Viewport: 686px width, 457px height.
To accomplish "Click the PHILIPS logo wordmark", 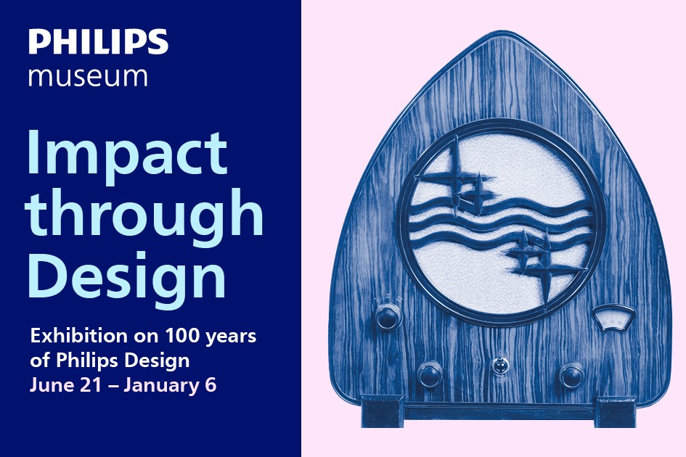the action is click(x=99, y=41).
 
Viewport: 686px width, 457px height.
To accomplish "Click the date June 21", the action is click(x=65, y=386).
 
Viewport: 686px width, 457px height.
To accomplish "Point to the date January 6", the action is click(x=170, y=386).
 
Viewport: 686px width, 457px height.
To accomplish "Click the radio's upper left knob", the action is click(x=388, y=316).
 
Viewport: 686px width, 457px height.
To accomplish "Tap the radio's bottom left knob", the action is click(x=430, y=375).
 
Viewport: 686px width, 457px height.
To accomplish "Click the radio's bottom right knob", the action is click(x=571, y=375).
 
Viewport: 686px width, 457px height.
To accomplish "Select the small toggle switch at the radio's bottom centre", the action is click(x=499, y=366).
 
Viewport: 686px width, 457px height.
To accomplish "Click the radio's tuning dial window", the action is click(x=613, y=318).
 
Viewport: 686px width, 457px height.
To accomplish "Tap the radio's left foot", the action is click(x=382, y=411).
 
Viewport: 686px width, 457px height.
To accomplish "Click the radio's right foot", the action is click(x=615, y=412).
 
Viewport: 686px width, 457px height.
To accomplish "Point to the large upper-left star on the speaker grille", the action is click(x=455, y=178).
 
